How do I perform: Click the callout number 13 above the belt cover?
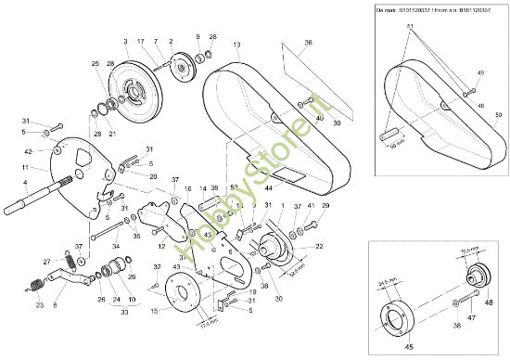click(236, 45)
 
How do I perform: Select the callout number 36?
click(308, 42)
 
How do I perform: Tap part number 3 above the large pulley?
click(125, 43)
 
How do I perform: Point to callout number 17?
click(141, 43)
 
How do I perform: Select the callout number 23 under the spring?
click(39, 304)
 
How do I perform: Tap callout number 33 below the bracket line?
click(123, 313)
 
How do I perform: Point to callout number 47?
click(470, 316)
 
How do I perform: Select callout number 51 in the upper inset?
click(411, 28)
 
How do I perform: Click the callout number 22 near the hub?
click(318, 246)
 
